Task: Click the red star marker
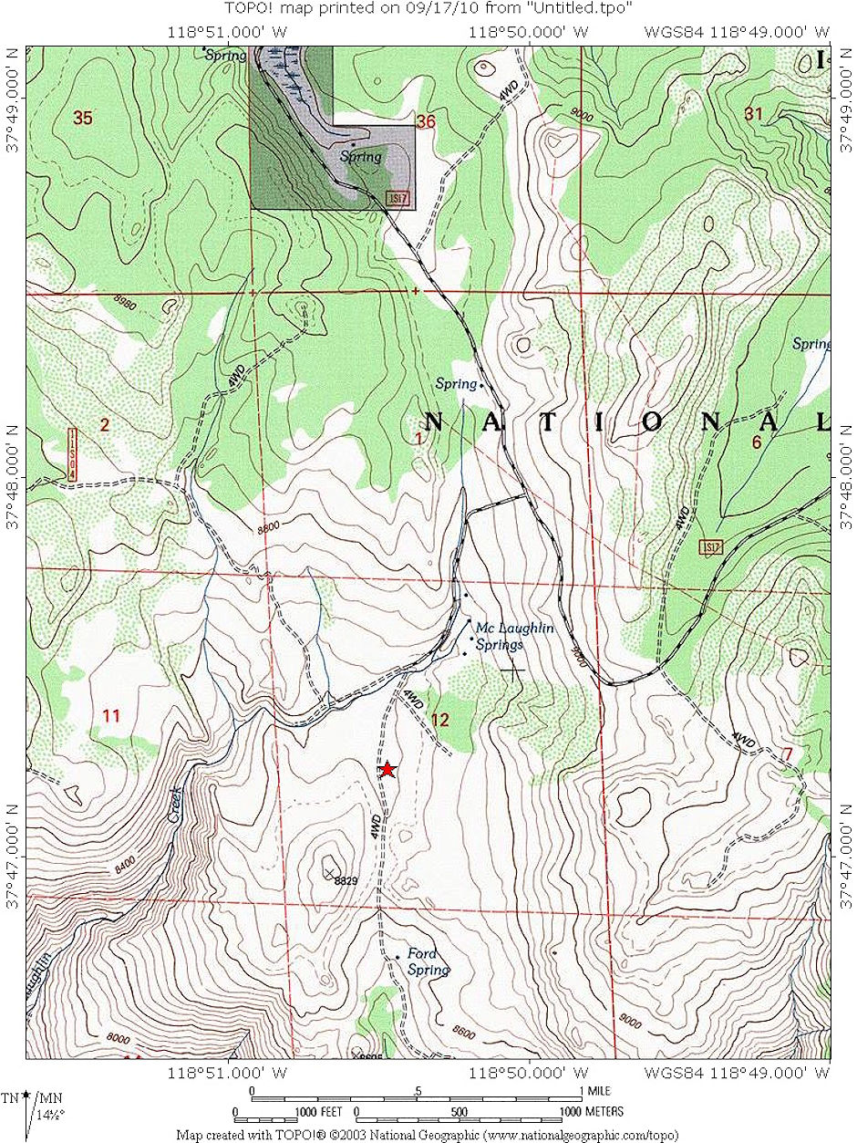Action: (388, 770)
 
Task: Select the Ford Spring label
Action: (426, 962)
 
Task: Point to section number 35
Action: (83, 118)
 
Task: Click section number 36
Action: (426, 120)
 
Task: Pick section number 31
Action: (753, 114)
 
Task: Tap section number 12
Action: (440, 720)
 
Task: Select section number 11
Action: (111, 716)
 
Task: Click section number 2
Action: (105, 424)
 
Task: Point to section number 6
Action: (756, 442)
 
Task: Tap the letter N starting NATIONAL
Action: (434, 422)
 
